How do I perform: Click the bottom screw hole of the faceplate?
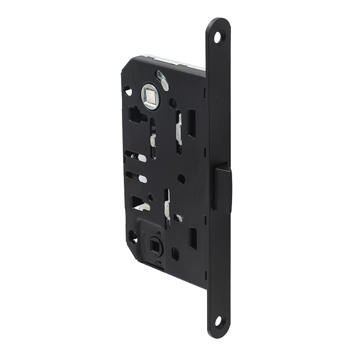tap(218, 321)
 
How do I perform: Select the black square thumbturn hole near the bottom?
tap(156, 247)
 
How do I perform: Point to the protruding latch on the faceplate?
tap(222, 188)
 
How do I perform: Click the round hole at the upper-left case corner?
tap(128, 91)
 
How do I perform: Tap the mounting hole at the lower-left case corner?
tap(133, 236)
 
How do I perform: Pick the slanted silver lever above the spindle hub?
tap(162, 80)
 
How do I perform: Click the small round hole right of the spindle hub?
tap(173, 103)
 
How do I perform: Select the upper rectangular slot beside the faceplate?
tap(192, 123)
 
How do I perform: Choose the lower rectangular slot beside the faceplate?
tap(193, 238)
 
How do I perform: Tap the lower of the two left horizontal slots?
tap(136, 176)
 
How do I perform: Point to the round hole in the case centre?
tap(181, 179)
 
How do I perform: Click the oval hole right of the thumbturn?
tap(175, 253)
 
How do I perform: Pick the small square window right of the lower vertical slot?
tap(179, 218)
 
